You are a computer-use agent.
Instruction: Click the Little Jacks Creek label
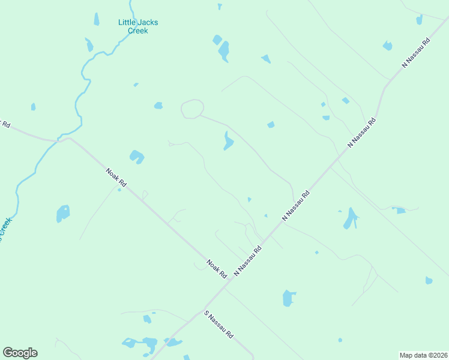[138, 26]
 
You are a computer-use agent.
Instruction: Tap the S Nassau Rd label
[218, 325]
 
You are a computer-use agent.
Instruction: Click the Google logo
[20, 353]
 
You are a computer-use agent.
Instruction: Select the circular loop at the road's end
[192, 109]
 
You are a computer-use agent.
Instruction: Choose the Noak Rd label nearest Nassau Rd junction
[217, 268]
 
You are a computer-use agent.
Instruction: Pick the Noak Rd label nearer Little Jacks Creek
[116, 178]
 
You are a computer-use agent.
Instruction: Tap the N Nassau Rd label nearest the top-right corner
[417, 53]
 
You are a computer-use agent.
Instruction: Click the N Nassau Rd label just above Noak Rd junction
[248, 260]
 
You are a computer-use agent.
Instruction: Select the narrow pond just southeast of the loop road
[228, 142]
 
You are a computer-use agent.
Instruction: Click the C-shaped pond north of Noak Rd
[137, 157]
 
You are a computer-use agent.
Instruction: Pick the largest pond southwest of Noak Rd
[63, 213]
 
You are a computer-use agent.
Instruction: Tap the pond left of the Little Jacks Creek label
[96, 19]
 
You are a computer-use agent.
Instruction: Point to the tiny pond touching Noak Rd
[119, 190]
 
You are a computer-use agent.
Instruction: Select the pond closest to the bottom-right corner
[429, 280]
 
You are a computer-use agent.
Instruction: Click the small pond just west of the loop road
[158, 106]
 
